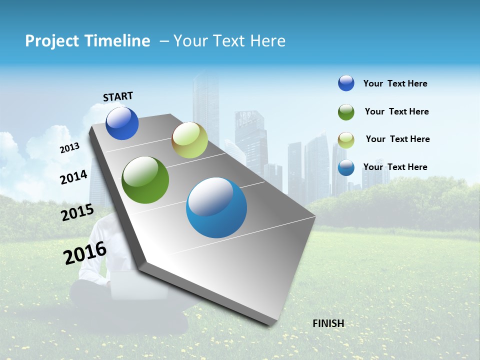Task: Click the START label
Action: coord(118,96)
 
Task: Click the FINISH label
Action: coord(328,323)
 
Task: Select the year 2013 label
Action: coord(69,148)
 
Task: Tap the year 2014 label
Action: coord(73,177)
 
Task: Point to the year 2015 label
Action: coord(77,212)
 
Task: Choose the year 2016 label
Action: coord(84,252)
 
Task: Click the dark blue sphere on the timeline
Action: coord(122,123)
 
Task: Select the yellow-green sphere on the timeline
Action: coord(189,140)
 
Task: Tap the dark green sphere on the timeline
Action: coord(145,180)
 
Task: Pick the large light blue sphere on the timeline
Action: coord(216,207)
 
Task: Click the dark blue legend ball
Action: coord(346,83)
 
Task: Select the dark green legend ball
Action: coord(346,112)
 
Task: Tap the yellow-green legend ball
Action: coord(346,140)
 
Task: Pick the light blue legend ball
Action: coord(346,167)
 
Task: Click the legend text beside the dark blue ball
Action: coord(395,84)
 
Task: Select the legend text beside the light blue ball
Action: coord(395,167)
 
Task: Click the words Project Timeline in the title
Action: coord(87,41)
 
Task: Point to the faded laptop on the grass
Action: coord(122,282)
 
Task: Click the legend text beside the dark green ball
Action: coord(396,111)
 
